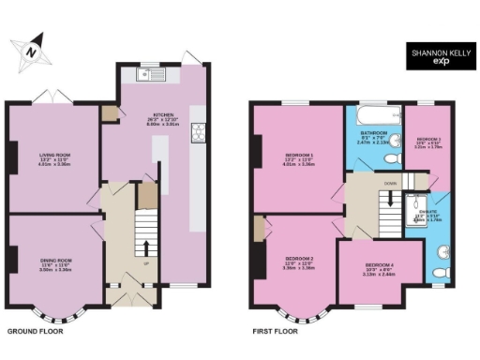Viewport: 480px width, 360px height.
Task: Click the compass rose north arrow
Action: (x=31, y=51)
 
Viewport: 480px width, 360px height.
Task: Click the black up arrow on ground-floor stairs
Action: (x=146, y=247)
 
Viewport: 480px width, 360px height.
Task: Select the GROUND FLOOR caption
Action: (x=36, y=331)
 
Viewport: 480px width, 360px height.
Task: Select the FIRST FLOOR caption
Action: (x=276, y=331)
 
